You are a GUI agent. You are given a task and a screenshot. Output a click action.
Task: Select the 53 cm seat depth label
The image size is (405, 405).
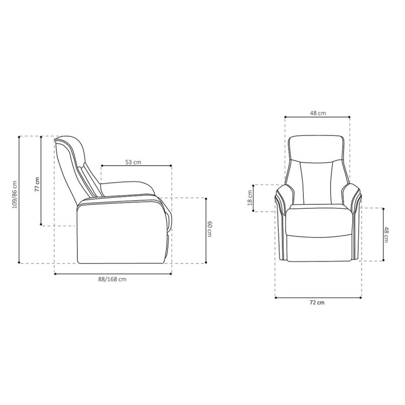134,163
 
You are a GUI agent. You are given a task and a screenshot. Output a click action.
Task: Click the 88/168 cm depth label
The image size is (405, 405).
112,279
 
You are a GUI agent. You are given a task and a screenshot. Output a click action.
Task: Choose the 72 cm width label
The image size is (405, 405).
318,303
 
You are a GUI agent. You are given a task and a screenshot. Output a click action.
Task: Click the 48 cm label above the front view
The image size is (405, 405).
318,114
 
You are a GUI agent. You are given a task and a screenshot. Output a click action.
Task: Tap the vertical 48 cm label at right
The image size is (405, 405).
387,234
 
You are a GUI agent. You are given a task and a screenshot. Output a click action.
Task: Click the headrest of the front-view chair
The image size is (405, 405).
317,148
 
